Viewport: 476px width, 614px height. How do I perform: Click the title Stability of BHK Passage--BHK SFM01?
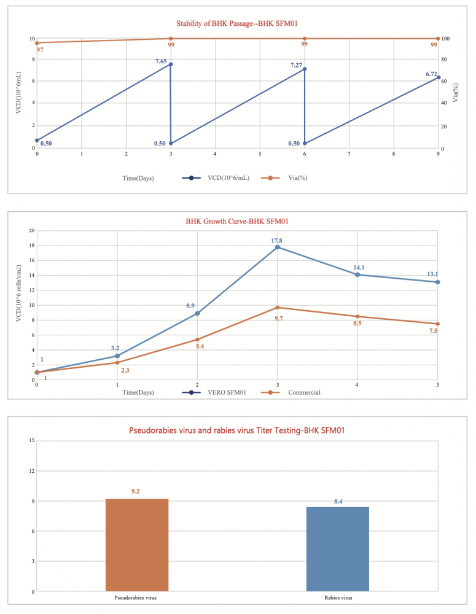tap(237, 23)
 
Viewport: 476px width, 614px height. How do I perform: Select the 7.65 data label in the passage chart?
tap(161, 61)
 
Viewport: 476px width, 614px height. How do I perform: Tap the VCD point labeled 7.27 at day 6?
tap(305, 69)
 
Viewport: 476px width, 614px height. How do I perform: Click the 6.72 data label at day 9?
tap(431, 74)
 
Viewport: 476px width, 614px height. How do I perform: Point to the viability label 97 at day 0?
tap(40, 50)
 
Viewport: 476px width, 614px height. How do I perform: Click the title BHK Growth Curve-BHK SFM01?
tap(237, 222)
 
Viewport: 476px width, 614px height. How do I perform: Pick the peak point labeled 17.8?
tap(278, 247)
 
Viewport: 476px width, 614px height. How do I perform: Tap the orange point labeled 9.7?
tap(278, 307)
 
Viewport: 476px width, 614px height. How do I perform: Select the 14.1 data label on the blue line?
tap(359, 267)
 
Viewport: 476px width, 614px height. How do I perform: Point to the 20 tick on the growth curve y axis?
tap(30, 231)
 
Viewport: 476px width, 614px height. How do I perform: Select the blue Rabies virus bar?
tap(337, 549)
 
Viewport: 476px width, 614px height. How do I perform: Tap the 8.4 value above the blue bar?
tap(338, 502)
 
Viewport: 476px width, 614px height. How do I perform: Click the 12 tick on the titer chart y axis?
tap(31, 471)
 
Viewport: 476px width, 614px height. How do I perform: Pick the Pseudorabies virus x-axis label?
tap(136, 597)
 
